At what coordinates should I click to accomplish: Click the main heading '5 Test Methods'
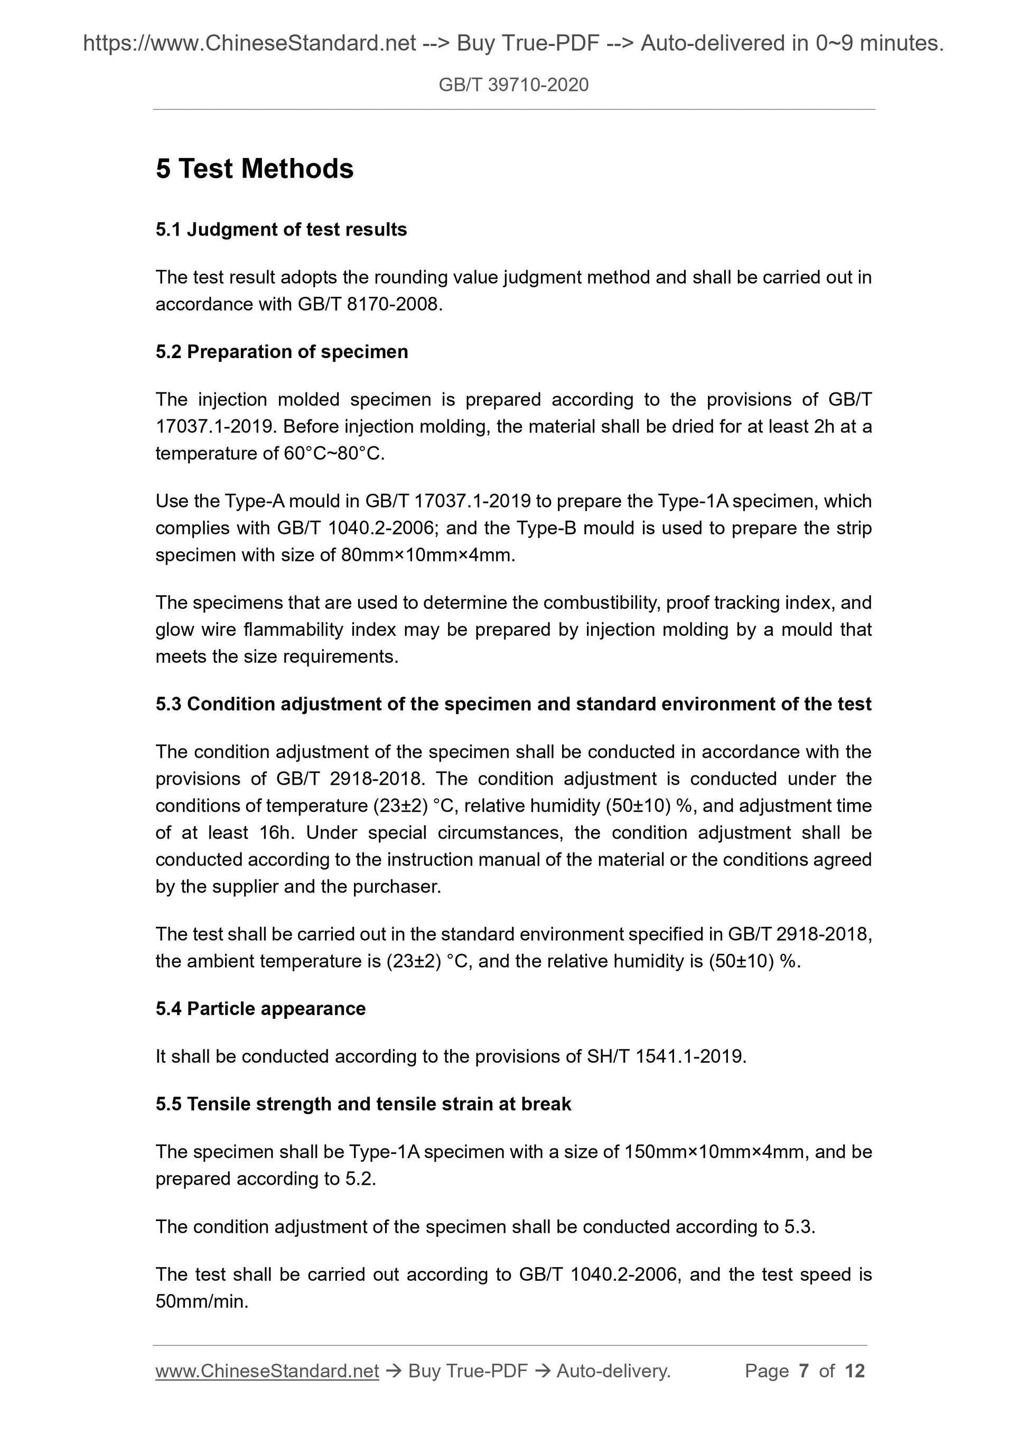254,168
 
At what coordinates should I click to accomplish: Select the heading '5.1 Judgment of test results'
281,229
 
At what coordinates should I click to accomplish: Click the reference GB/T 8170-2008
367,305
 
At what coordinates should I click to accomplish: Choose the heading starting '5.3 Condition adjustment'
513,703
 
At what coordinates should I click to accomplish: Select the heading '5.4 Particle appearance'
260,1008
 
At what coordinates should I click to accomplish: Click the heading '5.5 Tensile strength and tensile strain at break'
363,1104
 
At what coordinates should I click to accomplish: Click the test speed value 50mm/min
201,1301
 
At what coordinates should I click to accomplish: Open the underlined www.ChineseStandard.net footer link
267,1371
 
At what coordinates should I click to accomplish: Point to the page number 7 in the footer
804,1371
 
